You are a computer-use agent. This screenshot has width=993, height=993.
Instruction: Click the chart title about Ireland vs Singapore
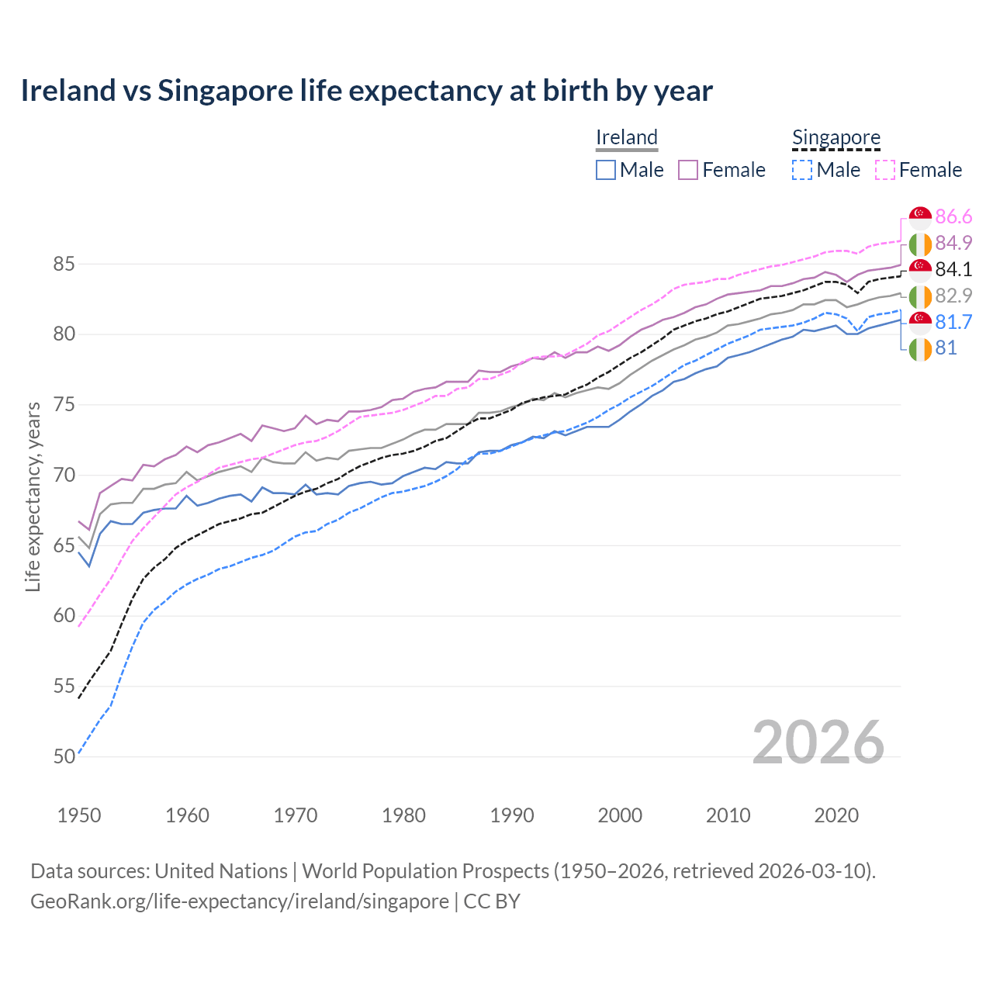(366, 91)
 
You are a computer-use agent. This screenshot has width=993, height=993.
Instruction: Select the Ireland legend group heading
(627, 137)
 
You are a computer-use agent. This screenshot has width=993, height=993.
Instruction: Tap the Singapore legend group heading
(836, 137)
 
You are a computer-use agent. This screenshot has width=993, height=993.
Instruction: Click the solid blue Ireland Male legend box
(606, 170)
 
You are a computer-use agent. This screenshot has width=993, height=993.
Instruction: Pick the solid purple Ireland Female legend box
(688, 170)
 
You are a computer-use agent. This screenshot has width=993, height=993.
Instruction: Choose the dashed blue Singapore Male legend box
(802, 170)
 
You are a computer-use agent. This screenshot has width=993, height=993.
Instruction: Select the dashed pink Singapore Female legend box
(885, 170)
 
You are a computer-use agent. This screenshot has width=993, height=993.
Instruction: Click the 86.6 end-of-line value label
(953, 216)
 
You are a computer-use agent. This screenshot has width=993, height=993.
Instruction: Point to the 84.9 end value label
(953, 243)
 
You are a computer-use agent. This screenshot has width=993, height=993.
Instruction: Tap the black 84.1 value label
(953, 269)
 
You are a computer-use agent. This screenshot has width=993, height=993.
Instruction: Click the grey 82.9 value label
(953, 296)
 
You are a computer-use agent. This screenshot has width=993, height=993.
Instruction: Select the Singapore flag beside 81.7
(920, 322)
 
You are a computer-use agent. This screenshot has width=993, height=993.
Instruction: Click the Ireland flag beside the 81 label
(920, 348)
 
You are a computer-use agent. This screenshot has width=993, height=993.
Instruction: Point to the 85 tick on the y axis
(64, 264)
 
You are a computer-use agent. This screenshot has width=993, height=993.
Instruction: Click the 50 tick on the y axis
(64, 756)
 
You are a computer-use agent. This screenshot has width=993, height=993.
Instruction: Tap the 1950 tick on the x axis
(79, 815)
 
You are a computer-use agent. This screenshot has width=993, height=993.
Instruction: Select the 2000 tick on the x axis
(620, 815)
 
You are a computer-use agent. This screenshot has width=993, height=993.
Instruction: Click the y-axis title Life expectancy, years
(33, 496)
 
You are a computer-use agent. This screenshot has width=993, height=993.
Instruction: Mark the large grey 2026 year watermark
(818, 742)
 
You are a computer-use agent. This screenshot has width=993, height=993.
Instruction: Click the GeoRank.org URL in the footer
(239, 901)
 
